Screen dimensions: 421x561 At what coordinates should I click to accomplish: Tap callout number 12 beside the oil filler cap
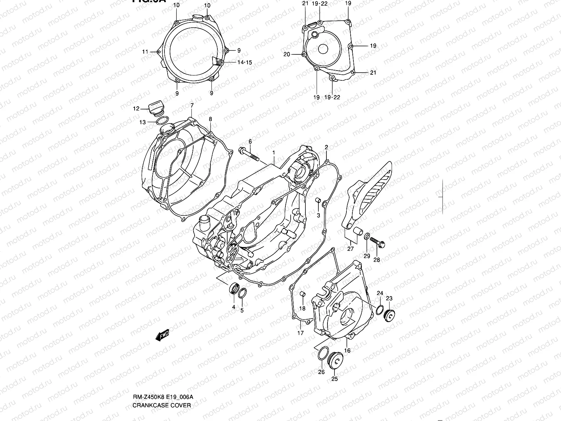click(136, 109)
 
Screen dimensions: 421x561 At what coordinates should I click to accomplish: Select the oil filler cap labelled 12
click(155, 107)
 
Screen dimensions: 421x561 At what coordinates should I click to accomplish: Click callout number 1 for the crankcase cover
click(274, 153)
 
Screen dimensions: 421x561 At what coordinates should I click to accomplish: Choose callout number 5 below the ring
click(242, 310)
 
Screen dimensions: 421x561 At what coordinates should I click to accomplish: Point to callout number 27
click(351, 249)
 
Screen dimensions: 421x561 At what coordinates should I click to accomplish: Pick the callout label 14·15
click(245, 62)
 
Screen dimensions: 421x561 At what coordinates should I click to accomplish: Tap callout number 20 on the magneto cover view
click(287, 54)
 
